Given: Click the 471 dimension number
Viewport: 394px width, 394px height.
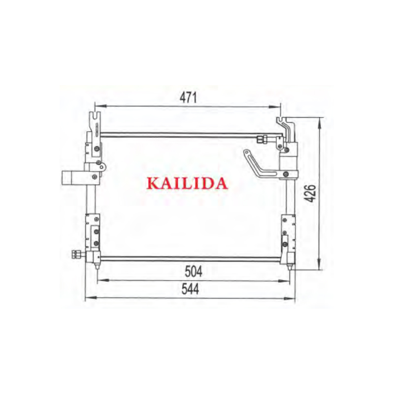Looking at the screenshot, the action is point(188,98).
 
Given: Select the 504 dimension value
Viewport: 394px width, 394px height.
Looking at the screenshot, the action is point(193,271).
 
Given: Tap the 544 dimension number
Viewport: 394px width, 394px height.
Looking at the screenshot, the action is point(190,289).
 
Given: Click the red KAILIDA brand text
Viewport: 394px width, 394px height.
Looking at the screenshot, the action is point(187,183).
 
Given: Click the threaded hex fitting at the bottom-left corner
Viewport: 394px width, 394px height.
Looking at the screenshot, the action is point(76,254).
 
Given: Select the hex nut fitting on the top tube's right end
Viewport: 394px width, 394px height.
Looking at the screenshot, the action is point(262,139).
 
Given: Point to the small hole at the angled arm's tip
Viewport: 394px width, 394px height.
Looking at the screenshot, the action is point(247,152).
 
